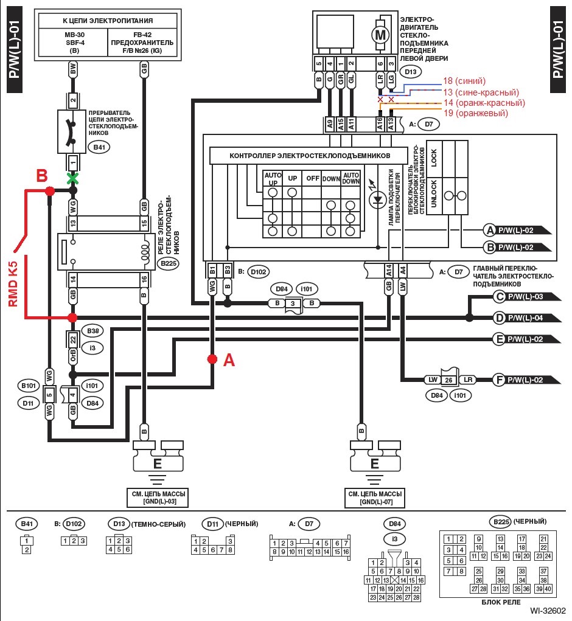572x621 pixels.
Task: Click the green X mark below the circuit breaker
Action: click(73, 179)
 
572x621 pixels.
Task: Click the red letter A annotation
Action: click(229, 361)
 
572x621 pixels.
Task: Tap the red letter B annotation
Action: click(41, 176)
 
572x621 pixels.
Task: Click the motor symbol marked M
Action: click(381, 35)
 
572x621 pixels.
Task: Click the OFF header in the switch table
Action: click(312, 179)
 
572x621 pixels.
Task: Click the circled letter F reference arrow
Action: click(498, 380)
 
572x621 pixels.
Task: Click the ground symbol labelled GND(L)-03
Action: click(157, 463)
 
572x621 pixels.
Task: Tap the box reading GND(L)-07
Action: click(374, 499)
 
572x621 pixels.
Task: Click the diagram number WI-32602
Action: click(548, 611)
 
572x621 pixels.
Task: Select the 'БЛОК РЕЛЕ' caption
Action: click(500, 602)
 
